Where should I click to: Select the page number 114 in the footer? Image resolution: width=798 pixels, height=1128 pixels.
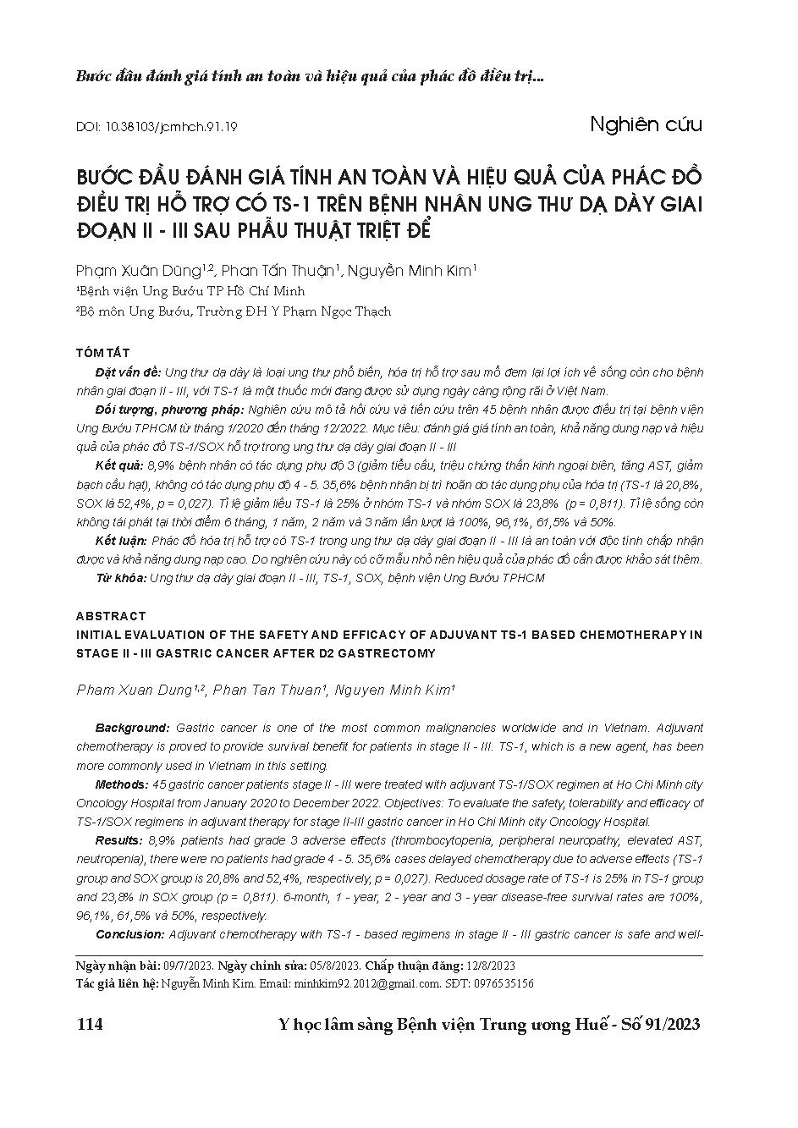click(x=89, y=1025)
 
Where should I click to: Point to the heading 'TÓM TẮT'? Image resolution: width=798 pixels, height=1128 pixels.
click(x=102, y=352)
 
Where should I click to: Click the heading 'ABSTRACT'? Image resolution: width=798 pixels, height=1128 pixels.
click(x=111, y=616)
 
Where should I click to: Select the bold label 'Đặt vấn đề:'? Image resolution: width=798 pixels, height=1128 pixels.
click(x=128, y=372)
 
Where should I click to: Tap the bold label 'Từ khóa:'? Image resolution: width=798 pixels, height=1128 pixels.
click(x=121, y=578)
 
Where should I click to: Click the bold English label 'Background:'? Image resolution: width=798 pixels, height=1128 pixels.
click(x=132, y=728)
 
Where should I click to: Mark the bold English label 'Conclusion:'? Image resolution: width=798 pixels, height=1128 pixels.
click(x=129, y=934)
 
